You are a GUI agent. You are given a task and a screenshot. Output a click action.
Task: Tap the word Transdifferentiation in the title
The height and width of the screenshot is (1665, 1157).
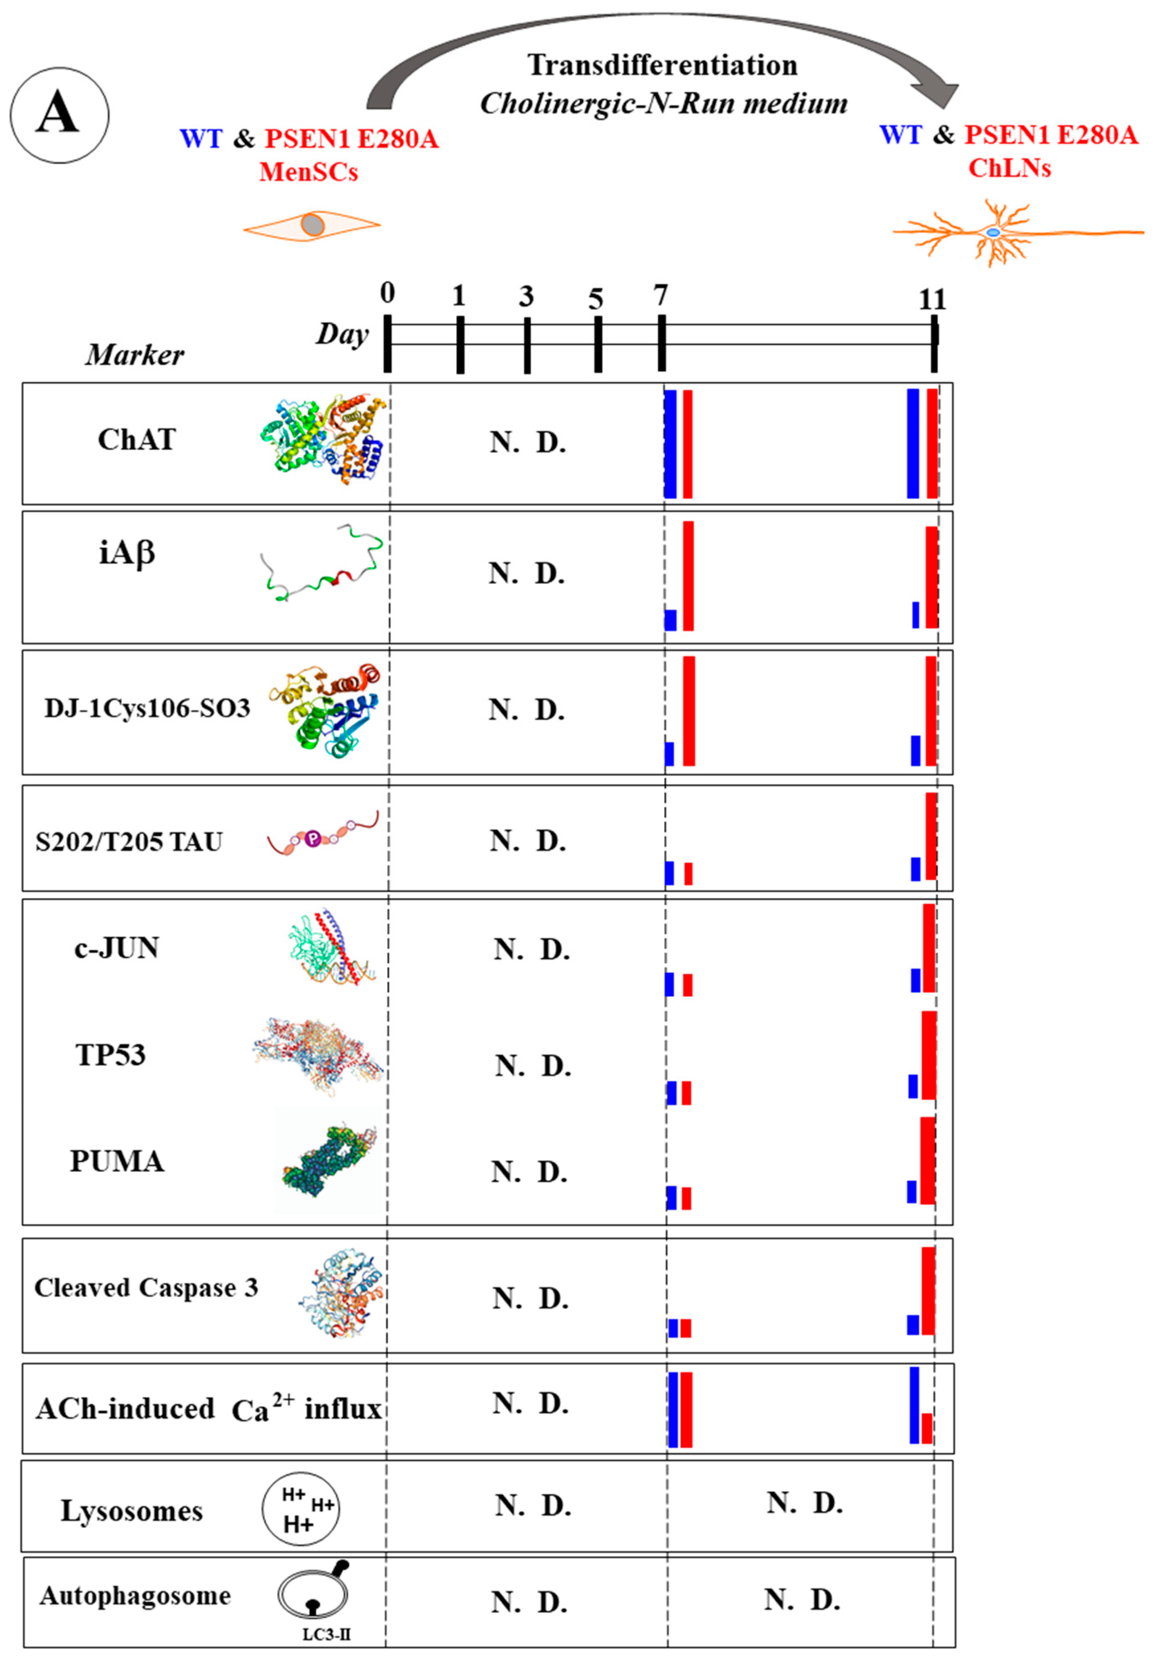(662, 65)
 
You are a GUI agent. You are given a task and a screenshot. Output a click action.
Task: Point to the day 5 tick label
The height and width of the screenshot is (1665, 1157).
(595, 298)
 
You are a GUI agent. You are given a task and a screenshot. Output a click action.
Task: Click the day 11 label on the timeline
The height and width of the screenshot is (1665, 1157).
(932, 299)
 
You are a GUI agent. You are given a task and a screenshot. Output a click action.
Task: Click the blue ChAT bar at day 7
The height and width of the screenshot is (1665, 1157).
(670, 444)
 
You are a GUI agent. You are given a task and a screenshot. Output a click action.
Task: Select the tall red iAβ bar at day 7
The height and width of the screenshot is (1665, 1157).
(688, 576)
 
